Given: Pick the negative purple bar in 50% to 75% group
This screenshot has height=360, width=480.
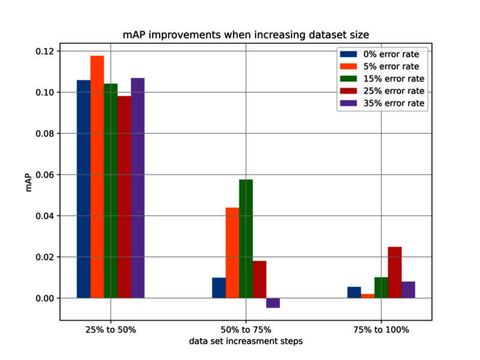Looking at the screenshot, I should [273, 303].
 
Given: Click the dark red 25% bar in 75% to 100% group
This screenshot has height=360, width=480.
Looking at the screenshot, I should [395, 272].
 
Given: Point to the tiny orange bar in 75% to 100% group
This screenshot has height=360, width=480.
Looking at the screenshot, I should [368, 296].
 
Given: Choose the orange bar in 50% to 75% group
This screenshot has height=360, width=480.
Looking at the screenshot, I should [232, 253].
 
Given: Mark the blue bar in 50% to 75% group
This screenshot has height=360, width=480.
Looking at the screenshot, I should [219, 288].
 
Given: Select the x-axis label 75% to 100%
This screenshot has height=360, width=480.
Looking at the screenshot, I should [382, 329].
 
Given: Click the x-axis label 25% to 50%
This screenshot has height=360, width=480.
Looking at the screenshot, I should [111, 329].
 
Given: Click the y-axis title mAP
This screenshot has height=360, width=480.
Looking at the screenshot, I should [28, 183].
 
